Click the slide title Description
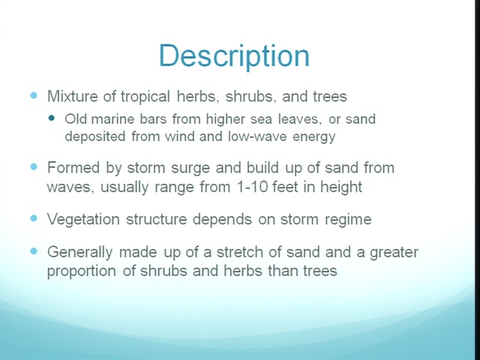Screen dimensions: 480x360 tap(235, 57)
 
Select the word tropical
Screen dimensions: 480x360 tap(145, 97)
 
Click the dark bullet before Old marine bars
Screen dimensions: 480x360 tap(52, 118)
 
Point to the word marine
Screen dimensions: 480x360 tap(112, 118)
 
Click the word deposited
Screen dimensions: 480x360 tap(95, 136)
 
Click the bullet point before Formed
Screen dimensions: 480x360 tap(34, 166)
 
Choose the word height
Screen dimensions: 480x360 tap(341, 187)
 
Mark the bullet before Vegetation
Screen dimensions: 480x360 tap(34, 218)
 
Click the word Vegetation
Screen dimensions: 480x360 tap(83, 220)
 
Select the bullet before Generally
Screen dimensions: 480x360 tap(34, 251)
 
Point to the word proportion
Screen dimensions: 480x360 tap(82, 271)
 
